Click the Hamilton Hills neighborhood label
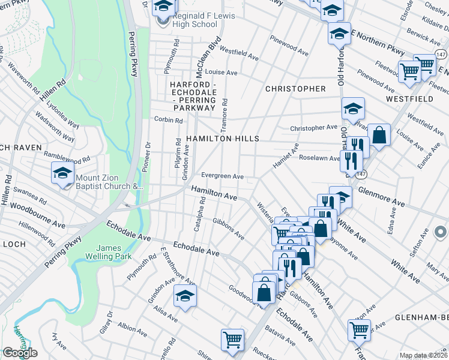coord(222,139)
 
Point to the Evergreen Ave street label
coord(222,176)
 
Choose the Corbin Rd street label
coord(168,120)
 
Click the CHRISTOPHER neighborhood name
coord(295,89)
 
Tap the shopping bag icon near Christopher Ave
coord(379,135)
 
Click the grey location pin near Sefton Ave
coord(439,231)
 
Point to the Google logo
coord(20,353)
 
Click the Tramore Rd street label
coord(225,111)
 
